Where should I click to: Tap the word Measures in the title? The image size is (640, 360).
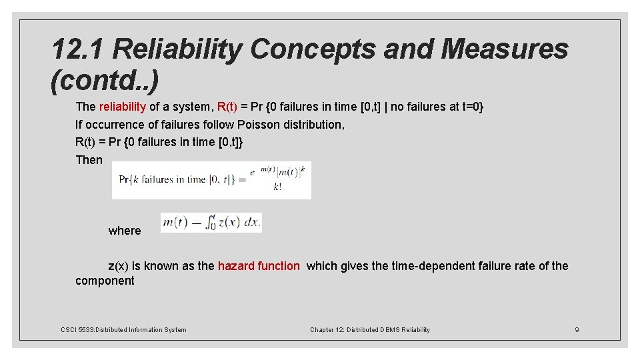[x=504, y=49]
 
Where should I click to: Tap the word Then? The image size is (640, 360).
[x=89, y=160]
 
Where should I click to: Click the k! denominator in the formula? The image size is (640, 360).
[x=277, y=187]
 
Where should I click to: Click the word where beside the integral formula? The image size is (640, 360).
[x=125, y=231]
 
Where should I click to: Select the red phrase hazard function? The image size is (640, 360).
[x=259, y=266]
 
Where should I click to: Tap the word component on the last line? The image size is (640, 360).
[x=105, y=281]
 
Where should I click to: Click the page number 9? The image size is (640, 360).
[x=577, y=329]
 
